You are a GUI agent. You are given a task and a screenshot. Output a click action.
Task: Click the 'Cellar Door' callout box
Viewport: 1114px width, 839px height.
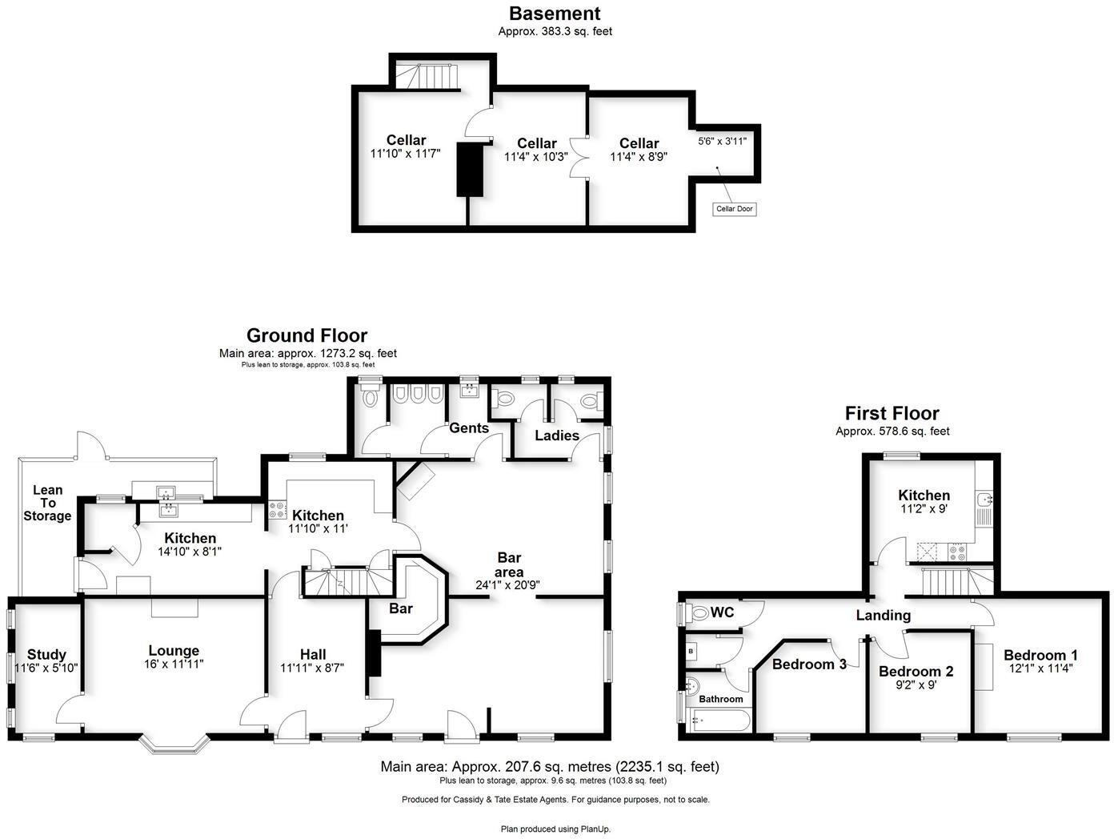(x=734, y=209)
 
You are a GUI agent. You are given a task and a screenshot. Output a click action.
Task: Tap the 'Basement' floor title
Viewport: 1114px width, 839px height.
(x=555, y=14)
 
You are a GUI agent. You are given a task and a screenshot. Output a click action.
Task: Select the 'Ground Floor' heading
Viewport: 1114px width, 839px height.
(x=307, y=335)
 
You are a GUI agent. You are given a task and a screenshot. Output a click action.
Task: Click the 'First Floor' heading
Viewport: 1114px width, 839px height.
(x=892, y=413)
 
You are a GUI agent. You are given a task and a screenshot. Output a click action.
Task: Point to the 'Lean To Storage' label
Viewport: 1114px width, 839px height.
(x=47, y=503)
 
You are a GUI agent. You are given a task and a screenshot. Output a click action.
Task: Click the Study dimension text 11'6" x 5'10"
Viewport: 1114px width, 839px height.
(x=46, y=668)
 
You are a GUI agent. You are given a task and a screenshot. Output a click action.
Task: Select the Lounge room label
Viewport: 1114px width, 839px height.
(x=174, y=651)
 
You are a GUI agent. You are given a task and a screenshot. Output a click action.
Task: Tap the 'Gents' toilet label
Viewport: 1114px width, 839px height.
(x=468, y=428)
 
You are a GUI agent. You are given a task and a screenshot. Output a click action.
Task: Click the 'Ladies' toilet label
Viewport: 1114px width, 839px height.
(x=557, y=436)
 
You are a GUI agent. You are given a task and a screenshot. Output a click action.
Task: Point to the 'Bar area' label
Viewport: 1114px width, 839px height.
(x=509, y=564)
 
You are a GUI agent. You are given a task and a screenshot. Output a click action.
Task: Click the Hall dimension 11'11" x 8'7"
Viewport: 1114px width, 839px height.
(x=312, y=668)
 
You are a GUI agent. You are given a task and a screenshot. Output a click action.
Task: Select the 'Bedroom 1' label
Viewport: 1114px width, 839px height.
(x=1040, y=655)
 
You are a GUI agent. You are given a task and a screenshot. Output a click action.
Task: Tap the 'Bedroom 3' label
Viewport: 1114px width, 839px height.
(x=809, y=664)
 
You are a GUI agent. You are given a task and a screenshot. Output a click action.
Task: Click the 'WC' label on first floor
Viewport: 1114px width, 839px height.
(x=723, y=612)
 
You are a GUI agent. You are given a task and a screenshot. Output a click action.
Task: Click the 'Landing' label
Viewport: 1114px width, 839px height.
(x=883, y=615)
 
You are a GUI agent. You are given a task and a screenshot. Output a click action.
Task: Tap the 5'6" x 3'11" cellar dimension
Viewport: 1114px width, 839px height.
(x=722, y=141)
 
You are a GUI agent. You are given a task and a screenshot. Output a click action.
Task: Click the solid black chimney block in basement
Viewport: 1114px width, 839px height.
(x=471, y=169)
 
